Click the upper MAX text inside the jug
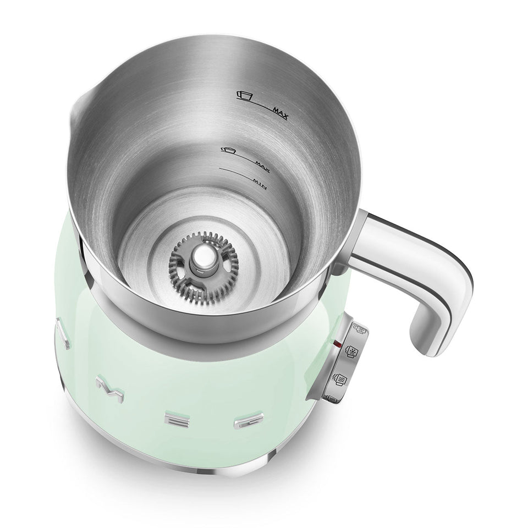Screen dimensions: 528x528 282,114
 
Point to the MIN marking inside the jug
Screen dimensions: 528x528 258,184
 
